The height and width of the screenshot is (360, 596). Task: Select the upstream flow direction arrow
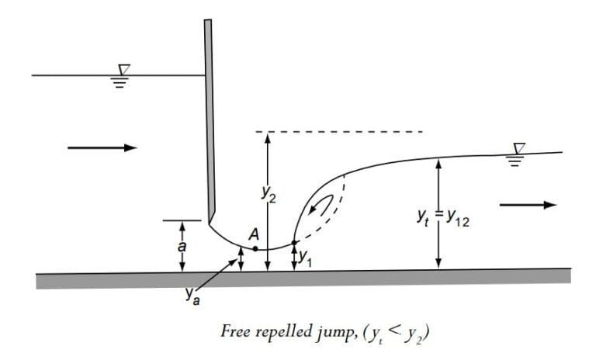(x=102, y=147)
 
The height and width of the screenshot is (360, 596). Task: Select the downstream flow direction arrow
(x=528, y=205)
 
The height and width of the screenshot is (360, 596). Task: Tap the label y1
(x=305, y=257)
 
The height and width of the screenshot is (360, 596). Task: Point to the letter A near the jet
(x=253, y=233)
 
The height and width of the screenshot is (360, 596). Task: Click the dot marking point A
(x=255, y=248)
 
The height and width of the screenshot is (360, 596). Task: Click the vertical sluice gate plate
(x=209, y=116)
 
